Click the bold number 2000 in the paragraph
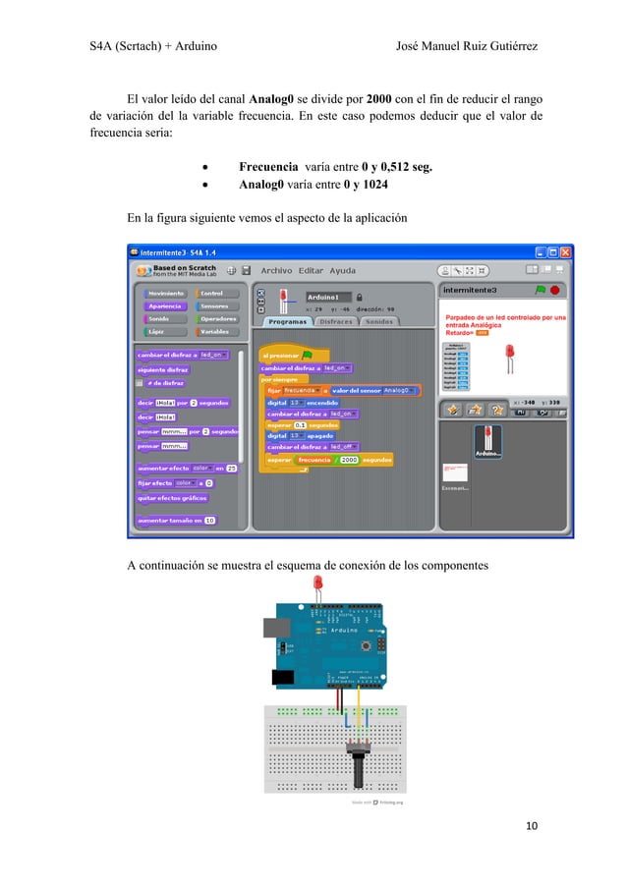click(381, 99)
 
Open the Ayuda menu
click(342, 270)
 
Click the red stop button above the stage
click(555, 291)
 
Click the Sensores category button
click(216, 305)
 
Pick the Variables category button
click(216, 331)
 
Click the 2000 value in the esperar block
click(348, 459)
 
